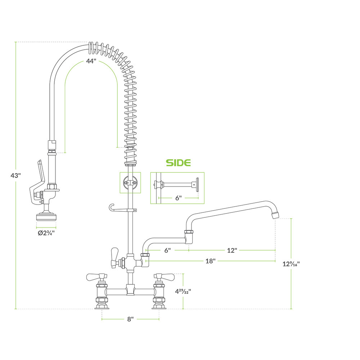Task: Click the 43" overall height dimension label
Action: pos(16,176)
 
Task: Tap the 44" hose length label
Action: pos(91,61)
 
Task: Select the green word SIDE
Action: pos(178,163)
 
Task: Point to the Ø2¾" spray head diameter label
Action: pos(46,233)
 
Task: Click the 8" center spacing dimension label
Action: pos(130,319)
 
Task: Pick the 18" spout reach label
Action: pos(210,261)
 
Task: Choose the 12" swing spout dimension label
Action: pos(232,250)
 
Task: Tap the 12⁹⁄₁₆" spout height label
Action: pos(291,264)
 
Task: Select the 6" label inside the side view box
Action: pos(178,198)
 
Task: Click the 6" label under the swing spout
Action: pos(167,250)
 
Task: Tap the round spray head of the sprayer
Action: pos(46,217)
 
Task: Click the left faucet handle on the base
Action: pos(95,277)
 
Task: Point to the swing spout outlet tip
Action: pos(275,215)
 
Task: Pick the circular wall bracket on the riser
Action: pos(130,183)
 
